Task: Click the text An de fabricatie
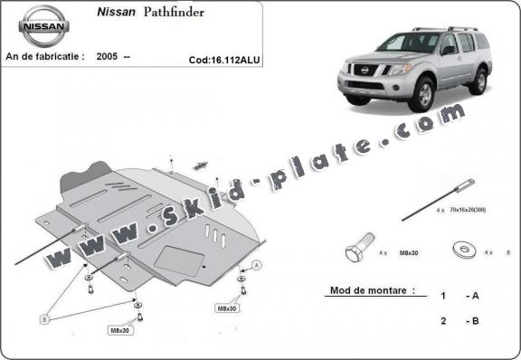pyautogui.click(x=45, y=55)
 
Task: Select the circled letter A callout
pyautogui.click(x=257, y=264)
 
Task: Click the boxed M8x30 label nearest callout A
pyautogui.click(x=227, y=308)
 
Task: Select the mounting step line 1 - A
pyautogui.click(x=459, y=296)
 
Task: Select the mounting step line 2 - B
pyautogui.click(x=459, y=320)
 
